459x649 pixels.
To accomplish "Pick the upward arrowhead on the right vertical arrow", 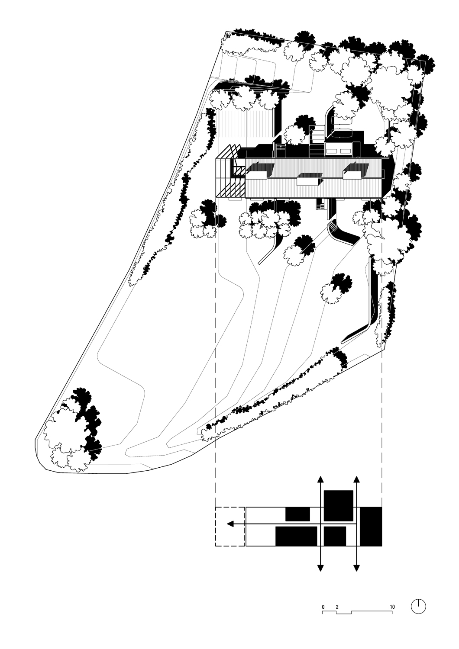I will (356, 479).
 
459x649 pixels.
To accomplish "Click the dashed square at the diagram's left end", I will (230, 526).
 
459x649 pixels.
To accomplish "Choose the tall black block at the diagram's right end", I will (371, 526).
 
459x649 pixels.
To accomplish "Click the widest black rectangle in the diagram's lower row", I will (296, 536).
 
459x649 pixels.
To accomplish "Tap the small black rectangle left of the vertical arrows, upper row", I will (297, 514).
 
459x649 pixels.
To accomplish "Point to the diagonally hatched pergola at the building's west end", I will (230, 173).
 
